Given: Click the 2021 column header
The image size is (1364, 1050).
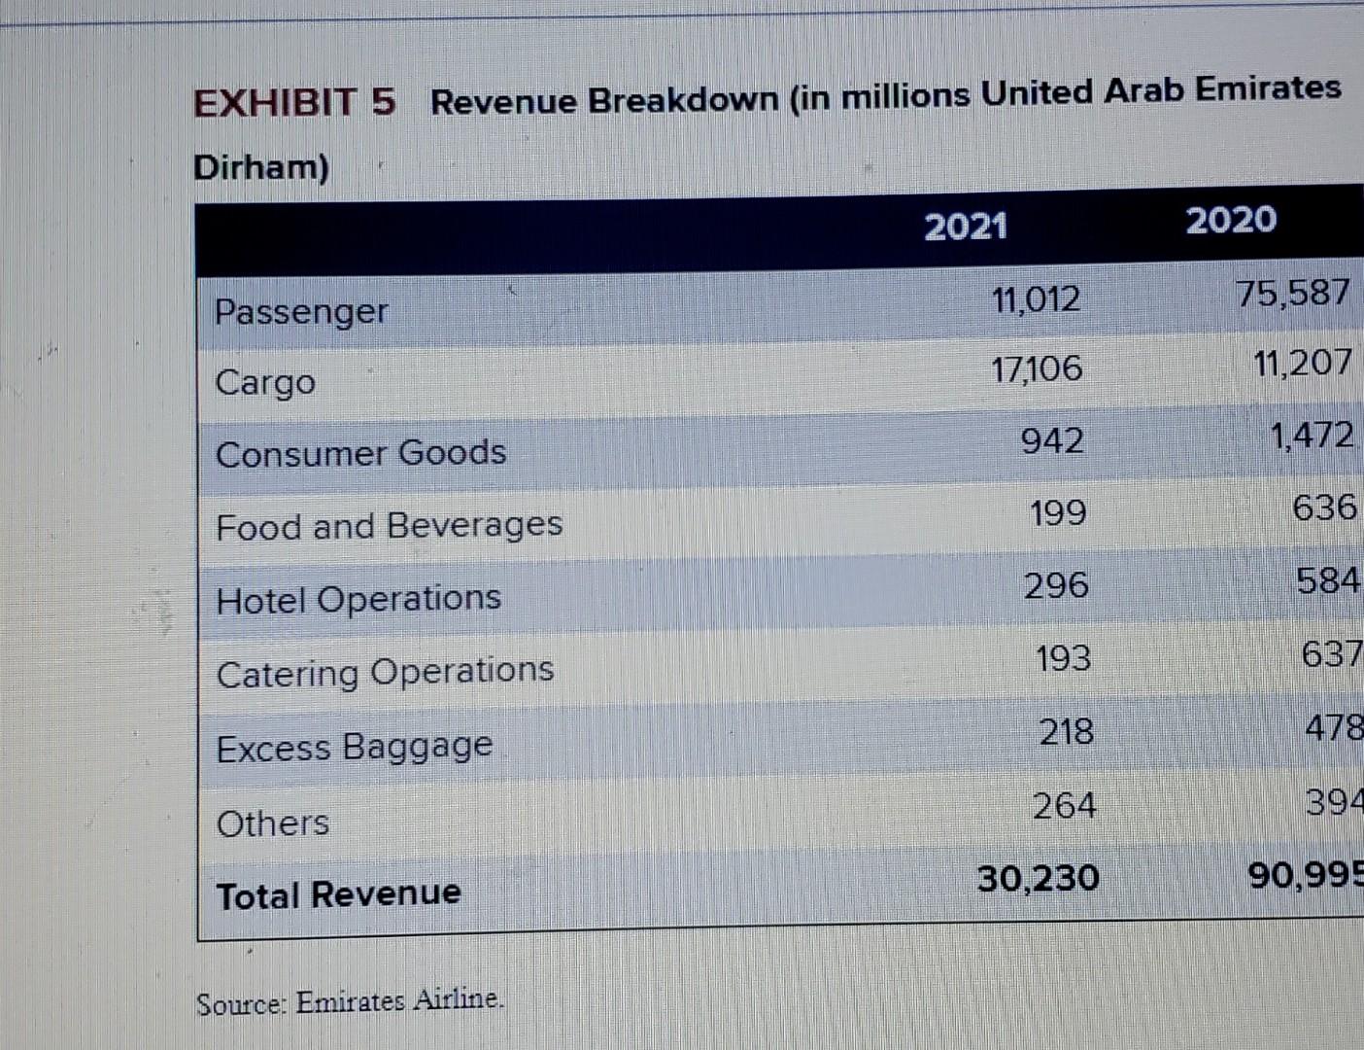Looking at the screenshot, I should click(965, 227).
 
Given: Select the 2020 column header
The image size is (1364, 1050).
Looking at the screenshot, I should click(1231, 220).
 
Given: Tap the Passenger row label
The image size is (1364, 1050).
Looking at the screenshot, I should click(300, 312).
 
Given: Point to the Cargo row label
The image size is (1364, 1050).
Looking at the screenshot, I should click(265, 382).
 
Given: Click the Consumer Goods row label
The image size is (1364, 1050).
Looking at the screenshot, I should click(360, 453).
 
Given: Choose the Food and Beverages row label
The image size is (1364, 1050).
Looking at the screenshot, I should click(389, 526).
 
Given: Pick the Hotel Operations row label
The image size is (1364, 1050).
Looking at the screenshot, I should click(358, 599).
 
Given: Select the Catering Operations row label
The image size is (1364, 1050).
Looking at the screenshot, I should click(385, 672).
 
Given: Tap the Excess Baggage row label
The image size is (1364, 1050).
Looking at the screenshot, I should click(355, 748).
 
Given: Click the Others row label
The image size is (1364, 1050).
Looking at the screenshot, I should click(273, 823).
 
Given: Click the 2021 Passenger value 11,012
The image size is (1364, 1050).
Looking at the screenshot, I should click(1036, 299).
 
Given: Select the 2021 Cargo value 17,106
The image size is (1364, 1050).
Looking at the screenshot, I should click(1036, 368).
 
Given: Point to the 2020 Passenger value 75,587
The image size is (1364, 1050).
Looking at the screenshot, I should click(1293, 293).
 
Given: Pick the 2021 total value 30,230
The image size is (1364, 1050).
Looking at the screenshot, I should click(1038, 878).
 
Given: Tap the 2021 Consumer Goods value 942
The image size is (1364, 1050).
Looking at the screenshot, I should click(1052, 441).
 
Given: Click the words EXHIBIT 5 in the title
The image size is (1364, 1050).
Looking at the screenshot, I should click(294, 102).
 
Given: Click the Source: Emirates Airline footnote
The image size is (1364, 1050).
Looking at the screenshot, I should click(350, 1001).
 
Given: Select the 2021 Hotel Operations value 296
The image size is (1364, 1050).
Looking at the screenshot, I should click(1056, 585).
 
